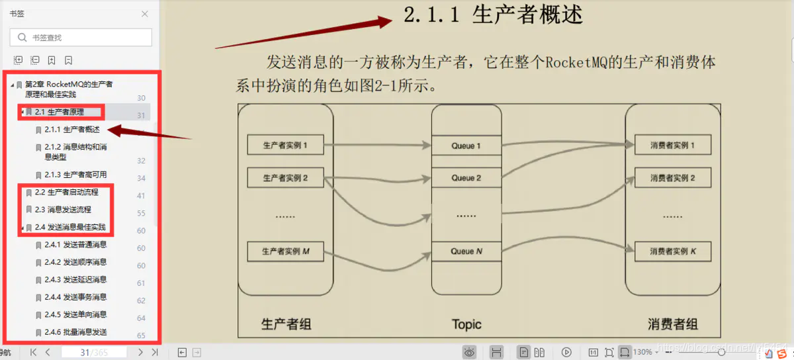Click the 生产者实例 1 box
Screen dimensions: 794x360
(285, 145)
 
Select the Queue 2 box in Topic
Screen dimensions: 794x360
(466, 178)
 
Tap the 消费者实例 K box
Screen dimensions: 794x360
(672, 251)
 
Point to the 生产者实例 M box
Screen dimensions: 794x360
(285, 251)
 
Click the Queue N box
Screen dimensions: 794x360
(466, 251)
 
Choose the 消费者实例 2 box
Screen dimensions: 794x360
(672, 178)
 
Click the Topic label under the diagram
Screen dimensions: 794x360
(466, 324)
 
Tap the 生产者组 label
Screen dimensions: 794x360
(286, 324)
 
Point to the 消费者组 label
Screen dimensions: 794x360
(672, 324)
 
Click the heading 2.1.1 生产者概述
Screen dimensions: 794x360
(493, 15)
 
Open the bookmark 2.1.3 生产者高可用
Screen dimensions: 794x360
(75, 175)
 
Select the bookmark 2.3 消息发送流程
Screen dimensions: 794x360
(63, 210)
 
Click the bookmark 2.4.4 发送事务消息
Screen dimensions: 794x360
(75, 297)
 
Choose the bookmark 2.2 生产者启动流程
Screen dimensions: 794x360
(66, 192)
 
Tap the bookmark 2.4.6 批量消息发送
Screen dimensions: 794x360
(75, 332)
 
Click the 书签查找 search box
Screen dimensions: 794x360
(81, 38)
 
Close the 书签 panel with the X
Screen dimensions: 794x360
(146, 13)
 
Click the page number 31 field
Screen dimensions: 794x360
(85, 353)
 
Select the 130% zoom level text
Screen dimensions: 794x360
(642, 352)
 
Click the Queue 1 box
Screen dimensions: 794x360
(466, 146)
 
